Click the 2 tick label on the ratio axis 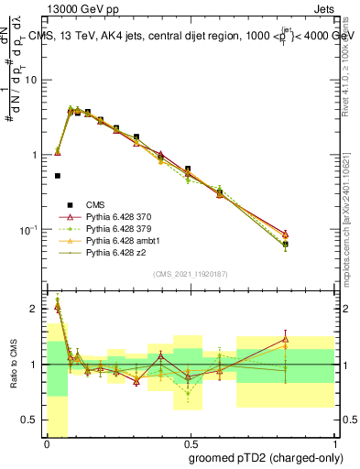pyautogui.click(x=36, y=309)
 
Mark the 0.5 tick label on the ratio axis pyautogui.click(x=32, y=420)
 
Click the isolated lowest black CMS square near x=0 pyautogui.click(x=57, y=176)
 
